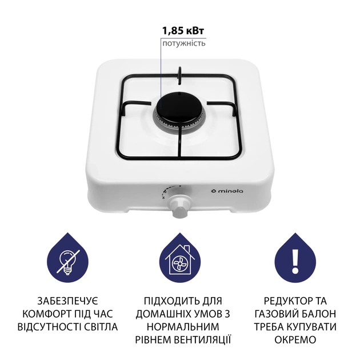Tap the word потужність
pos(184,43)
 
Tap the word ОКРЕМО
pos(294,341)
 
